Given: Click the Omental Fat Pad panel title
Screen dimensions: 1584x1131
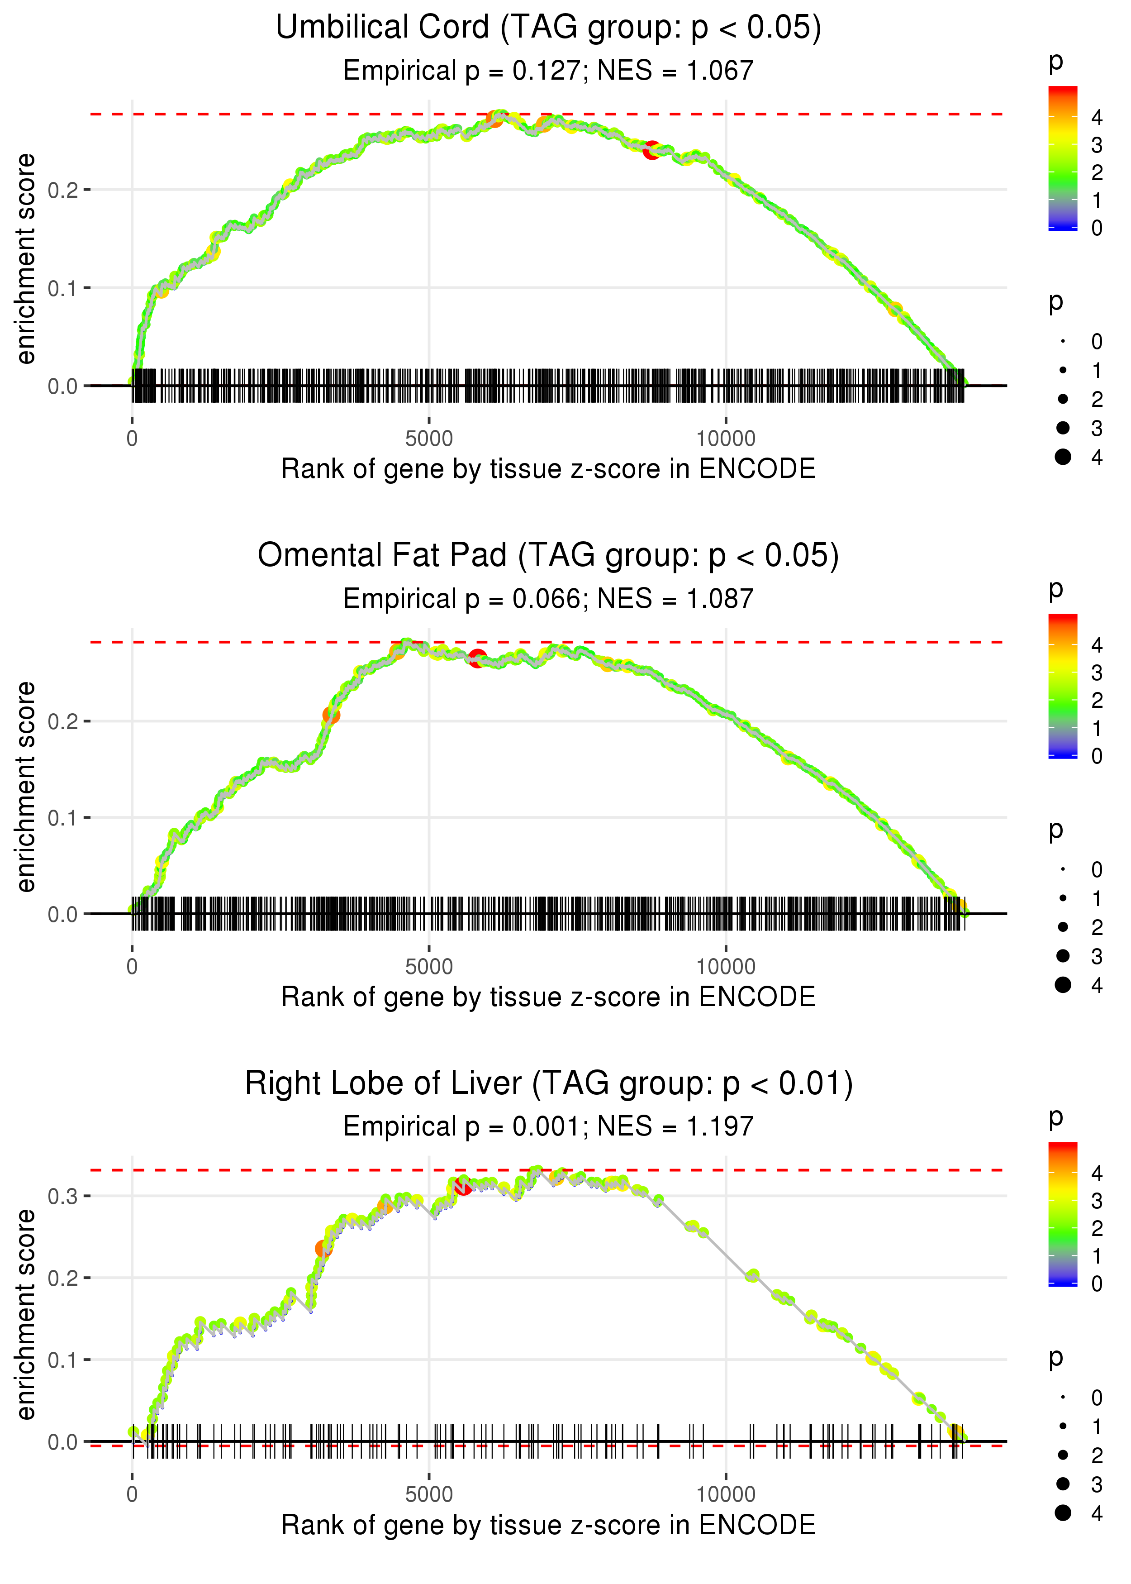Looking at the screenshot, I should pyautogui.click(x=548, y=556).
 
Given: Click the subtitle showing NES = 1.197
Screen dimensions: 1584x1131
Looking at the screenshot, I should pyautogui.click(x=548, y=1127).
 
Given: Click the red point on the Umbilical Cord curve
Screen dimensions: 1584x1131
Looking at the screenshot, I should pyautogui.click(x=651, y=150).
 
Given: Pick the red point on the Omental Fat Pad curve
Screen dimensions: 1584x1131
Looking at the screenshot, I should pyautogui.click(x=477, y=658).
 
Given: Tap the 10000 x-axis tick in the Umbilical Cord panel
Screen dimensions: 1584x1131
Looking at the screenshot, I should pyautogui.click(x=726, y=439).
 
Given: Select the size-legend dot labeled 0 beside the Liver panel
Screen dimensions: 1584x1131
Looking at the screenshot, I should pyautogui.click(x=1063, y=1398).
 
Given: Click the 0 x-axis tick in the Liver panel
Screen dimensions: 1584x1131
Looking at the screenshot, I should pyautogui.click(x=132, y=1495).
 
